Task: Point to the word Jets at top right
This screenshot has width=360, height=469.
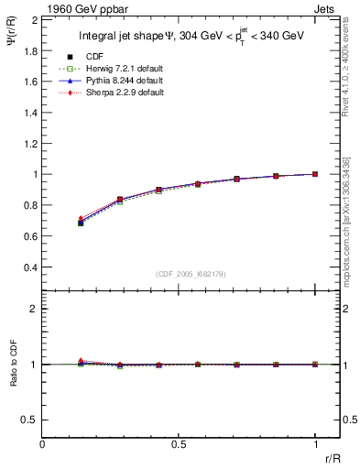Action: pyautogui.click(x=326, y=8)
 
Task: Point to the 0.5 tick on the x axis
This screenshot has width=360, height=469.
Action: pyautogui.click(x=179, y=443)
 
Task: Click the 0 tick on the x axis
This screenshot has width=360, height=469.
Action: pyautogui.click(x=43, y=443)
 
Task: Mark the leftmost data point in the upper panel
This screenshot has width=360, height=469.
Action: pyautogui.click(x=81, y=222)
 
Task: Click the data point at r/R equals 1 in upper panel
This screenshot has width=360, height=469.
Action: pyautogui.click(x=315, y=174)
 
